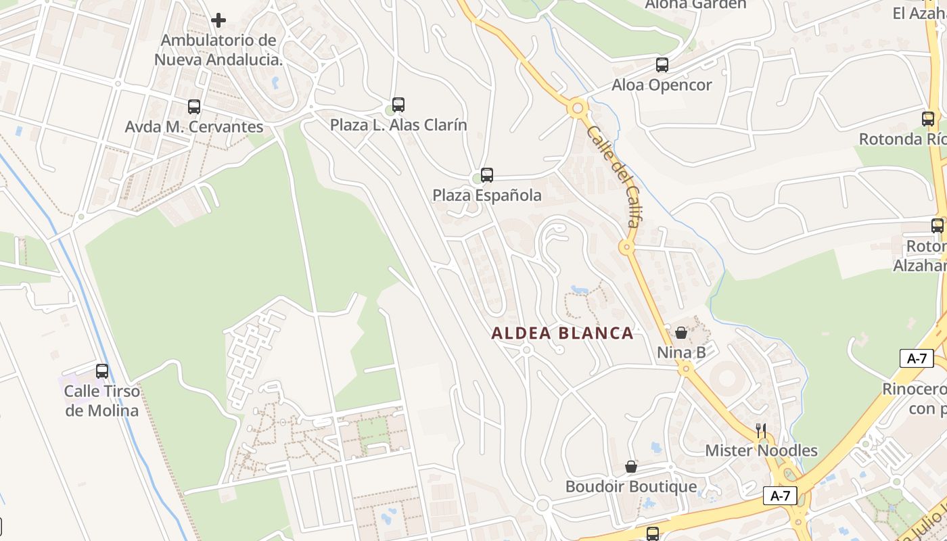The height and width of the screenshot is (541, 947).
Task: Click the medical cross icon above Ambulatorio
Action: coord(218,20)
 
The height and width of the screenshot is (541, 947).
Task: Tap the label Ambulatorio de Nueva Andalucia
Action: coord(218,50)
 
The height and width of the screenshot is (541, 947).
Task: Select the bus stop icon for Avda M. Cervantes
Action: coord(194,107)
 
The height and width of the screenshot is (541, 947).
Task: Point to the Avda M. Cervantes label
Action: coord(194,126)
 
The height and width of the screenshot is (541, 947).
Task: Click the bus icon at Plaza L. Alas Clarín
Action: coord(398,105)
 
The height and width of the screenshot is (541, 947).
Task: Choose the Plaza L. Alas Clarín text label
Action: coord(398,125)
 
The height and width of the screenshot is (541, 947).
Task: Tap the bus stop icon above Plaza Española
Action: coord(487,175)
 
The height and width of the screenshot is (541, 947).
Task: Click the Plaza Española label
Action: coord(487,195)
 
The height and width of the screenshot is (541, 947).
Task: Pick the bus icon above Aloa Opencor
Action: coord(662,65)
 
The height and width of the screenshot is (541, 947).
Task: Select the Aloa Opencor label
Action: coord(662,85)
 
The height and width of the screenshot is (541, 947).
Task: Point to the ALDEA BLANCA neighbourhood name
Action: coord(562,333)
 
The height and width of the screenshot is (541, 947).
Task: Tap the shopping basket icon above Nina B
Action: coord(681,333)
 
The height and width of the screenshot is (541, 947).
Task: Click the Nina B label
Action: coord(681,352)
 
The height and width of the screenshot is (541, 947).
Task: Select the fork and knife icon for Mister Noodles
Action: coord(761,430)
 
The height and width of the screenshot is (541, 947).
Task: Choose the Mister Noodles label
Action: coord(761,450)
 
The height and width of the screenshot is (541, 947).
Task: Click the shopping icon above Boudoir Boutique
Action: coord(631,467)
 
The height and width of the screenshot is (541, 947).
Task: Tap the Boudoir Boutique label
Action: coord(631,487)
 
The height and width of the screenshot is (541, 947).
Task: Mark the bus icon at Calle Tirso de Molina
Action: coord(102,371)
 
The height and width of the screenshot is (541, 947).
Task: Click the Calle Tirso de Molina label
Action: coord(102,400)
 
